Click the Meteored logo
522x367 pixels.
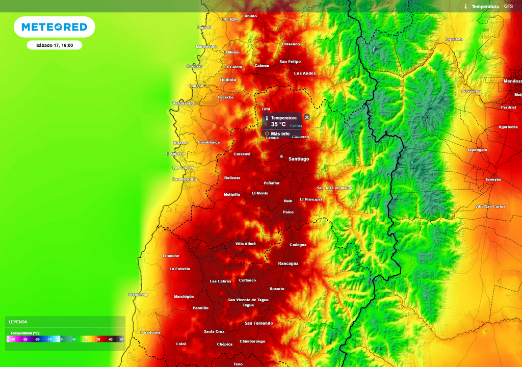54,27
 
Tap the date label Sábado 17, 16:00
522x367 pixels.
55,45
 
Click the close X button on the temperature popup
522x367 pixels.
307,117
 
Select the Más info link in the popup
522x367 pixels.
280,134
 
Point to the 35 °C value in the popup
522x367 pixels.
278,124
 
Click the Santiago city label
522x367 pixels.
299,159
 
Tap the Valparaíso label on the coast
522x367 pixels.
184,103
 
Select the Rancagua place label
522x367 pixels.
288,264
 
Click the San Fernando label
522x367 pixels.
258,323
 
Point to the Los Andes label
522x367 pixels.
305,73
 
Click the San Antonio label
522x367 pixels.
185,179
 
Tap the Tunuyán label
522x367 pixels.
493,179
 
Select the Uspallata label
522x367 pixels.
454,39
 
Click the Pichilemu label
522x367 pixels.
138,295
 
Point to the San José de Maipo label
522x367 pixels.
334,188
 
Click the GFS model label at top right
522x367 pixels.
508,6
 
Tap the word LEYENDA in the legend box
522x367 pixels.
18,322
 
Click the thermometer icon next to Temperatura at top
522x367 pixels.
465,7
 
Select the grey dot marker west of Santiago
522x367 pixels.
281,156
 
